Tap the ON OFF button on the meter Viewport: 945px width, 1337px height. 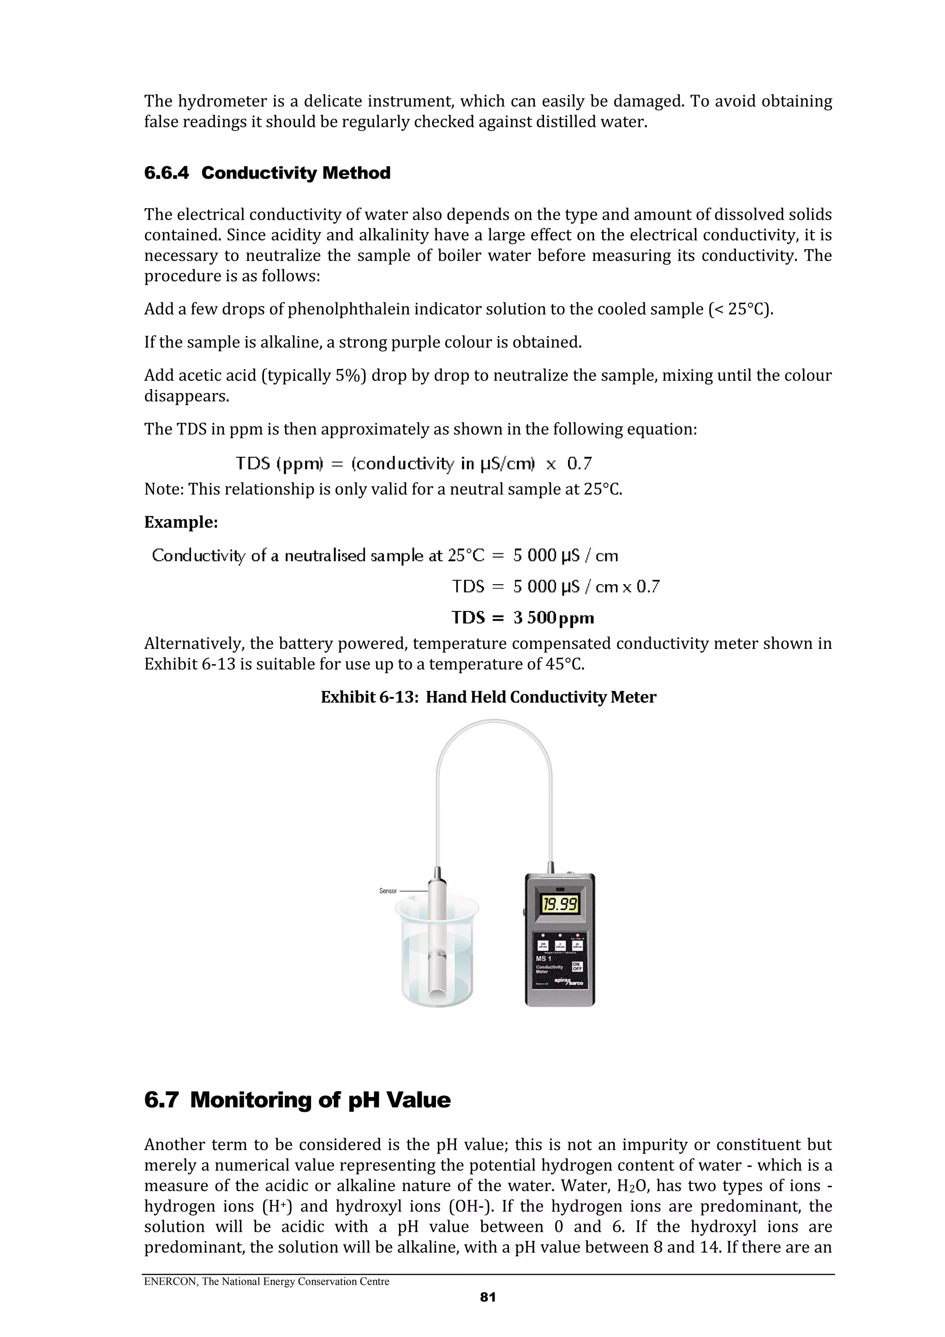tap(578, 967)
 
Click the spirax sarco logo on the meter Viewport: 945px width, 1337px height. tap(569, 982)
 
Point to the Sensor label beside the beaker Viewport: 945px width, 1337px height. tap(388, 891)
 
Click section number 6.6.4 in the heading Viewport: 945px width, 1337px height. tap(167, 173)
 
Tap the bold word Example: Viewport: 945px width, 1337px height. tap(181, 522)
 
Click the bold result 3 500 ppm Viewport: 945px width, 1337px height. tap(553, 618)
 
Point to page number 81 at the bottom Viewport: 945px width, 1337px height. tap(488, 1297)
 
